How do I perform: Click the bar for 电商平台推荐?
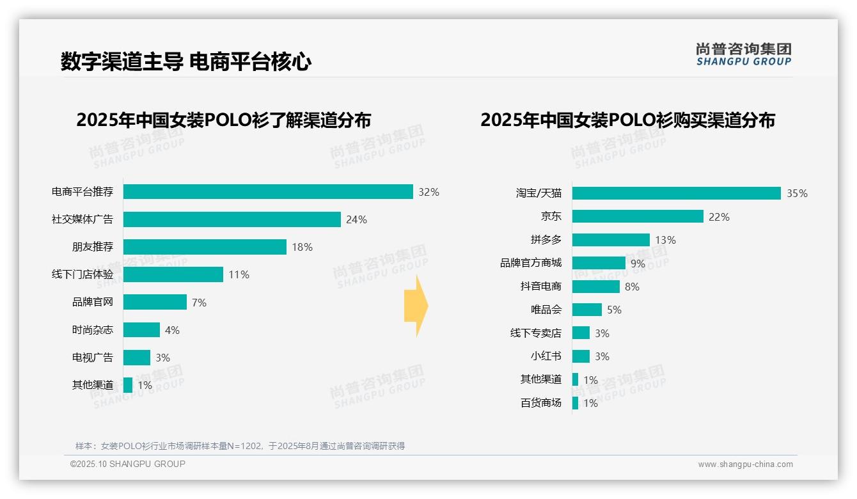[x=268, y=192]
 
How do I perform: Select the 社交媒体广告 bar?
[x=232, y=219]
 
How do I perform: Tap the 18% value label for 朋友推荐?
[x=302, y=248]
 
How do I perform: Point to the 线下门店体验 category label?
[x=83, y=274]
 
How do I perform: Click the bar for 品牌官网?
[x=155, y=302]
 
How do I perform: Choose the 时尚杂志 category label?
[x=93, y=330]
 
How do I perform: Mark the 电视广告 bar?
[x=137, y=358]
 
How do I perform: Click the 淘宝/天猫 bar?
[x=676, y=193]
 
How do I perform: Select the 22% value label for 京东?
[x=719, y=217]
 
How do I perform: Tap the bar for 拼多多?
[x=611, y=240]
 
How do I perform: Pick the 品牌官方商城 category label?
[x=531, y=263]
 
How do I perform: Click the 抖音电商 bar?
[x=596, y=287]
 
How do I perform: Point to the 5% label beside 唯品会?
[x=614, y=310]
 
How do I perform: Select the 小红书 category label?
[x=546, y=356]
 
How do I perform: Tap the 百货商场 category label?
[x=541, y=403]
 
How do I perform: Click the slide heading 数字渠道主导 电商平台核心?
[x=186, y=62]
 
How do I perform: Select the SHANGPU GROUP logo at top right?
[x=743, y=54]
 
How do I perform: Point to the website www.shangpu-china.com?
[x=745, y=464]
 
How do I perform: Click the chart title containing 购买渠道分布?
[x=627, y=120]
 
